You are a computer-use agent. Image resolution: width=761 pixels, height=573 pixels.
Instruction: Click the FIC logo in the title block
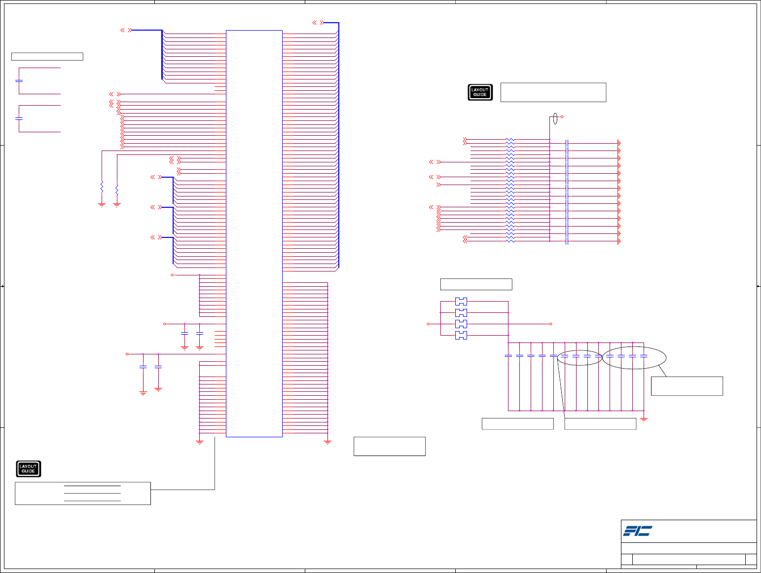(637, 531)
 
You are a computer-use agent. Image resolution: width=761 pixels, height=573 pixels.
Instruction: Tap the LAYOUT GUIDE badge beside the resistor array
(480, 92)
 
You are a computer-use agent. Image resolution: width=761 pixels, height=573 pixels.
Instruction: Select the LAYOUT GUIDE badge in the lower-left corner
(28, 469)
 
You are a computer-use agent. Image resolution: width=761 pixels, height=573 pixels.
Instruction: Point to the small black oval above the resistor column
(555, 118)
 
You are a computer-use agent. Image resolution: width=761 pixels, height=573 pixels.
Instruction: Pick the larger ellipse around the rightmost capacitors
(634, 358)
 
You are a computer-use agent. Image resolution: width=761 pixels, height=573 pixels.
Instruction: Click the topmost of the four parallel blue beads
(461, 301)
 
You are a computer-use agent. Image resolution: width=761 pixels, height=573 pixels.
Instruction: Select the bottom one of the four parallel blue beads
(461, 336)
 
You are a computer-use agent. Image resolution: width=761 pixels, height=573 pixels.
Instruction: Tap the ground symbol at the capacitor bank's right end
(644, 419)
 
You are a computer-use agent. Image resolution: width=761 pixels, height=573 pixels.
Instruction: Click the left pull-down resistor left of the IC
(102, 187)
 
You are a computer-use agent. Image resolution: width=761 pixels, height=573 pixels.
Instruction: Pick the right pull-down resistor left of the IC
(117, 190)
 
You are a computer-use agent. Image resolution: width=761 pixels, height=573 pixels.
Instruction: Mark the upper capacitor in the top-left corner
(19, 80)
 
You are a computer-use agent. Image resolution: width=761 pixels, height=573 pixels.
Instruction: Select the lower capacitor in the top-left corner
(19, 118)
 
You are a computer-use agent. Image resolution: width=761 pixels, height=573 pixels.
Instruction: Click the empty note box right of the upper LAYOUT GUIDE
(553, 92)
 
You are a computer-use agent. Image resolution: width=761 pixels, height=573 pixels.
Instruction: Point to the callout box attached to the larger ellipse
(687, 386)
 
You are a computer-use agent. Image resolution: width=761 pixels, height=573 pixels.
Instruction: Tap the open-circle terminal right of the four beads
(550, 324)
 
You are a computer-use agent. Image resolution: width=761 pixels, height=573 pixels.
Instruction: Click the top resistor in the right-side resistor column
(510, 140)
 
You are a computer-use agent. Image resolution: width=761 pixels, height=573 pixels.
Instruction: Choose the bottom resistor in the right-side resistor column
(510, 240)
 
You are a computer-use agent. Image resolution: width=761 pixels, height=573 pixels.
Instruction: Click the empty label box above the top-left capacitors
(47, 56)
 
